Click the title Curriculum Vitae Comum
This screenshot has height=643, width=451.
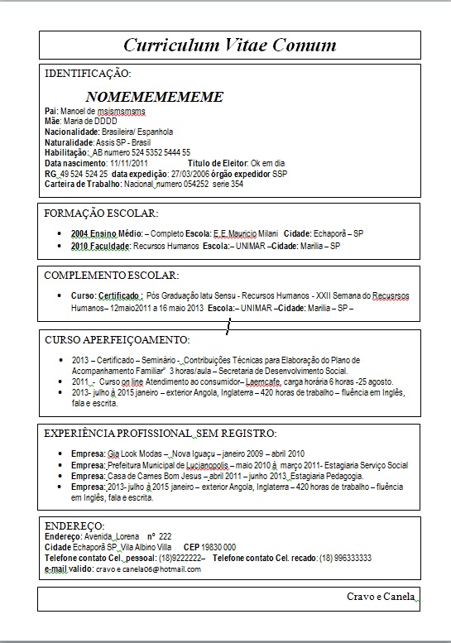(229, 45)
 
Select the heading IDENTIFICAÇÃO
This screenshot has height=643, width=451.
(87, 74)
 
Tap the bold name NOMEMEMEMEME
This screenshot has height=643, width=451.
(154, 97)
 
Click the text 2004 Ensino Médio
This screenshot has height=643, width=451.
(106, 234)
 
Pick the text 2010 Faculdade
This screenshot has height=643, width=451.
(101, 246)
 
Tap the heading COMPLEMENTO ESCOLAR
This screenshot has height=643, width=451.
(111, 275)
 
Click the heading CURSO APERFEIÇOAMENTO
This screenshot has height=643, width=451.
(117, 339)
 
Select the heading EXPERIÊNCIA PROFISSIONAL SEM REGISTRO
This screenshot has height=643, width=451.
(160, 433)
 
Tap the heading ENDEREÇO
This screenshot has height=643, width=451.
(74, 525)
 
